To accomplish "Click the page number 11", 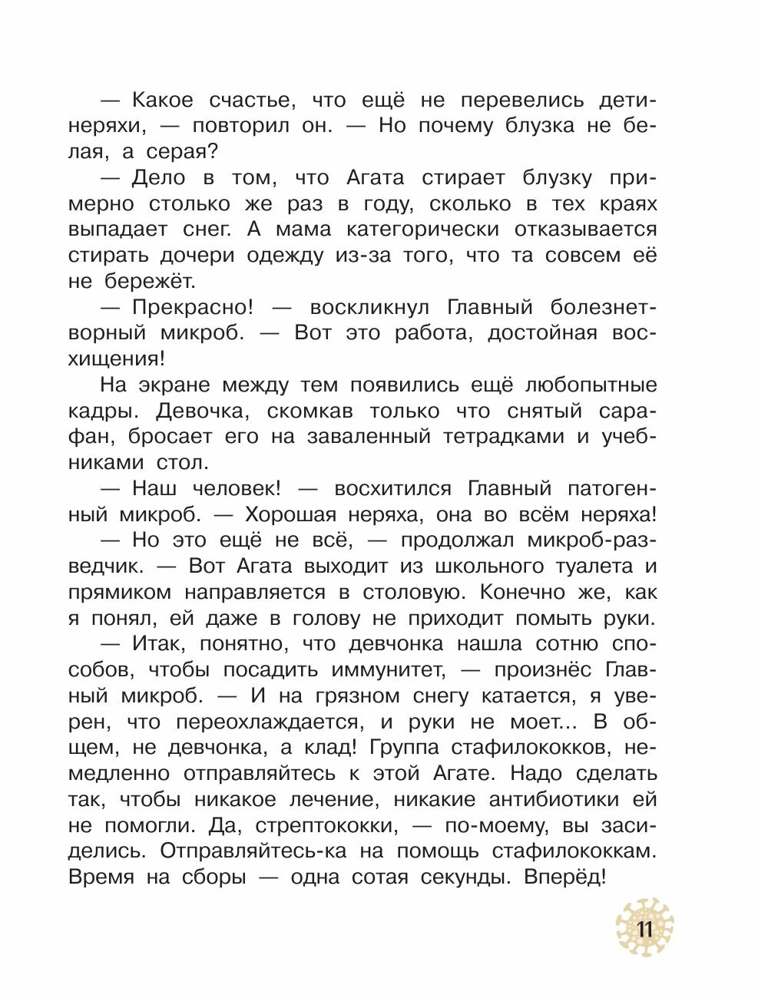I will [x=644, y=930].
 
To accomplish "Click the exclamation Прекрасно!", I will [x=192, y=307].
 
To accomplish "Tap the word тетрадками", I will [x=505, y=437].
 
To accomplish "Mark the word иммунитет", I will [x=389, y=670].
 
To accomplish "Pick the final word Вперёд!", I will [x=565, y=877].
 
